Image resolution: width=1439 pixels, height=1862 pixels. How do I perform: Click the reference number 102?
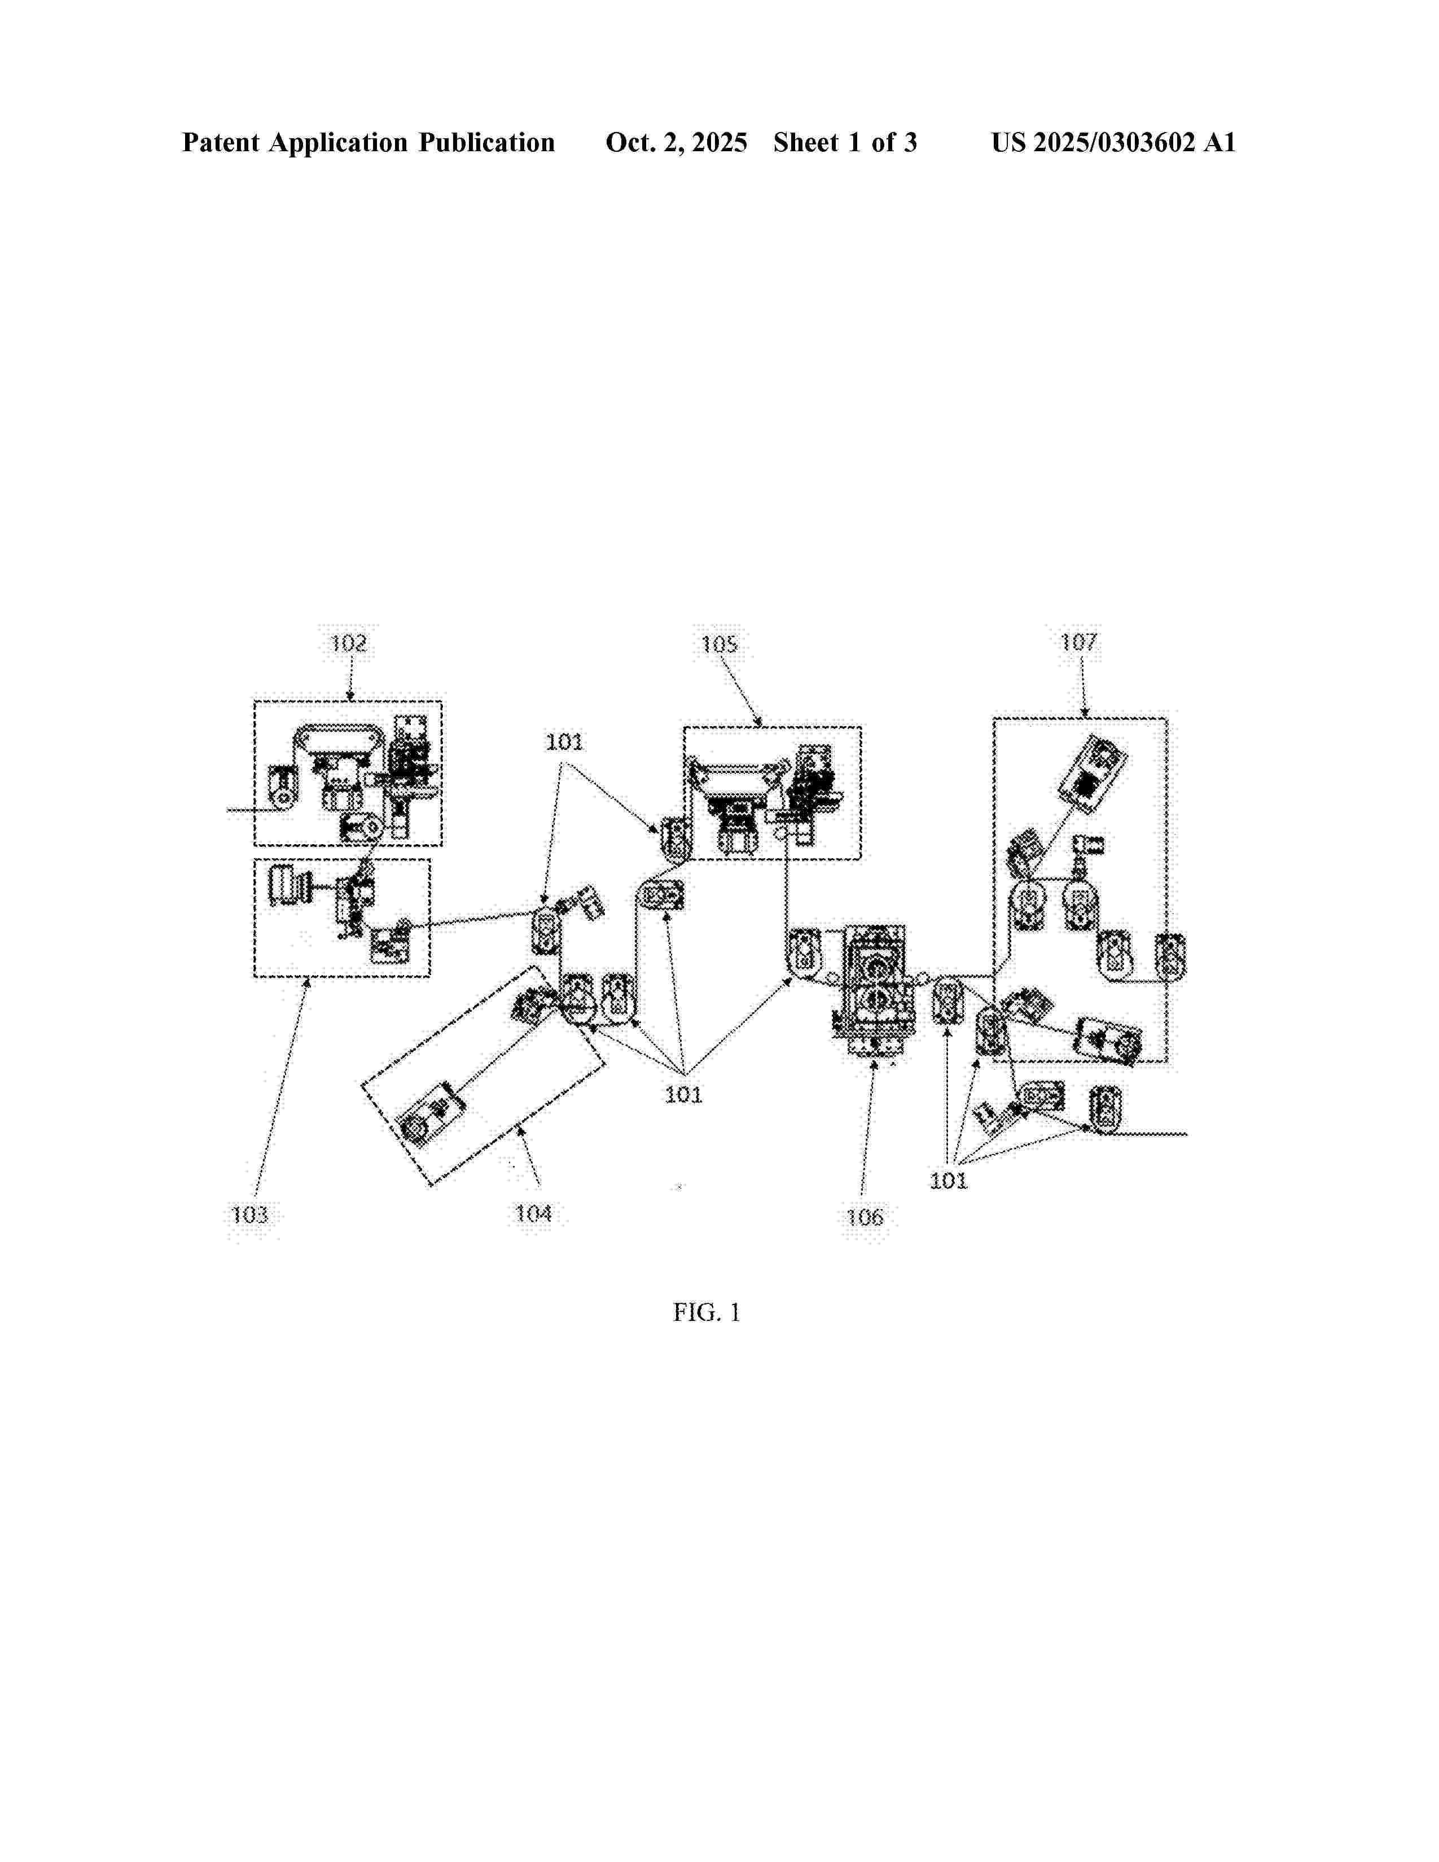348,643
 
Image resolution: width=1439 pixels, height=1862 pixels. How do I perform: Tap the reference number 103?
250,1214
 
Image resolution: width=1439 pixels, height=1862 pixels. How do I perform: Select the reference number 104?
534,1213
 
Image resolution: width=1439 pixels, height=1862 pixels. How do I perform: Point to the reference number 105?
718,644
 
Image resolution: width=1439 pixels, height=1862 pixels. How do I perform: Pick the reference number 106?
865,1217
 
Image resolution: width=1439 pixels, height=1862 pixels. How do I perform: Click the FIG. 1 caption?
706,1312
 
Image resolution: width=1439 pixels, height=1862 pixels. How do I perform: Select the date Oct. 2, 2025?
676,142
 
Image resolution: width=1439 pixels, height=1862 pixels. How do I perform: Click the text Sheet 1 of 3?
845,142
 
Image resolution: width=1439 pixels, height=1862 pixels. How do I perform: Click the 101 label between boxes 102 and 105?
564,742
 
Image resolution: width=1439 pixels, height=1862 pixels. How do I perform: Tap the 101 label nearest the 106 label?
948,1180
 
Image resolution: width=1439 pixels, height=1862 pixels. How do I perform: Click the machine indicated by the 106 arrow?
875,990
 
